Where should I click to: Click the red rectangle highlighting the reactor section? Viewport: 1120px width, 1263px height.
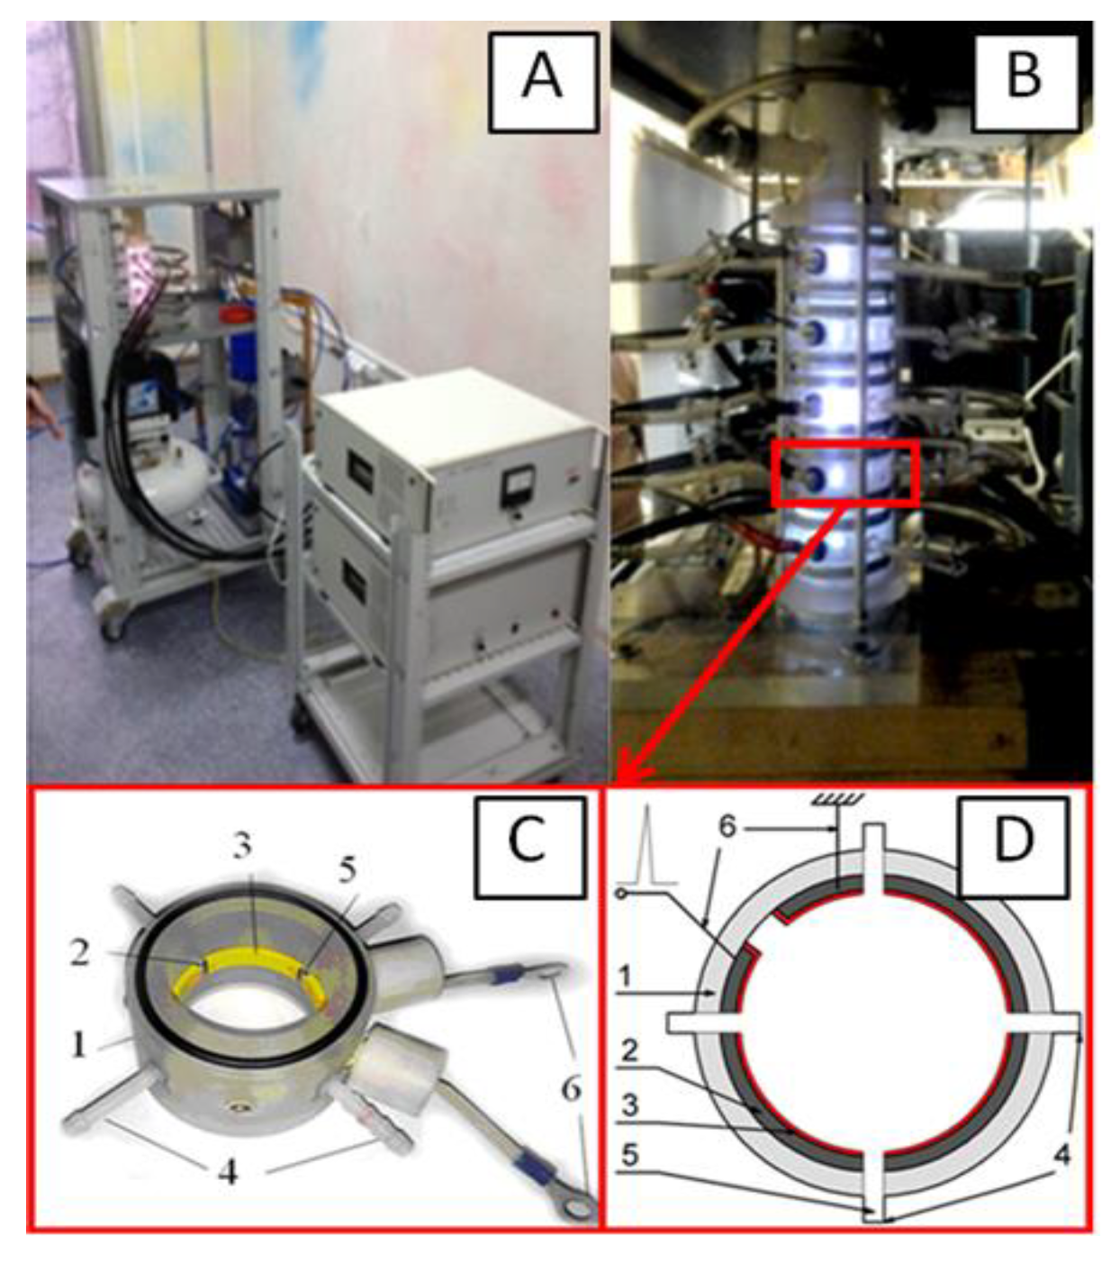point(845,472)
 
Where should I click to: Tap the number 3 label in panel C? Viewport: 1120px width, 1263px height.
point(242,847)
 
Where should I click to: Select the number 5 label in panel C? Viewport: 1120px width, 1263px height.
point(348,869)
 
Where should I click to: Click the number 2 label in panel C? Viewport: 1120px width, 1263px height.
point(79,953)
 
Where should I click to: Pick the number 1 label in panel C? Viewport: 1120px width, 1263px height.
point(79,1044)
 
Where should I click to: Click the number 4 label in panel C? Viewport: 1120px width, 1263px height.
point(228,1172)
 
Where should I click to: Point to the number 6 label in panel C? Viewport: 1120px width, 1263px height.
point(572,1089)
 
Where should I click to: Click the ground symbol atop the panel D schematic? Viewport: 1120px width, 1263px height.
point(838,798)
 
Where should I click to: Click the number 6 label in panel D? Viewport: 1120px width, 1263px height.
point(727,825)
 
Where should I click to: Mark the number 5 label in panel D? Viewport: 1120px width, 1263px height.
point(630,1155)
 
